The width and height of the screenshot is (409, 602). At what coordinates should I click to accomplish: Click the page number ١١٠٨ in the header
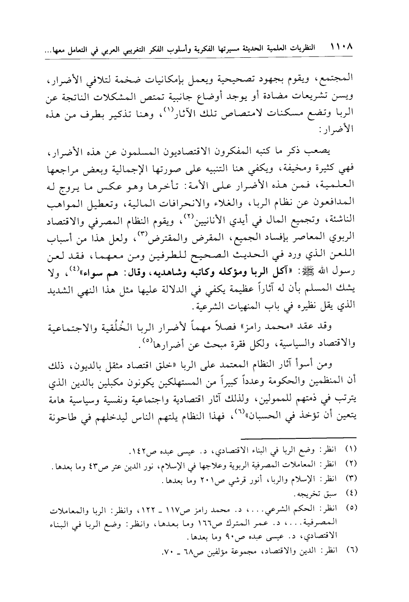341,45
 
